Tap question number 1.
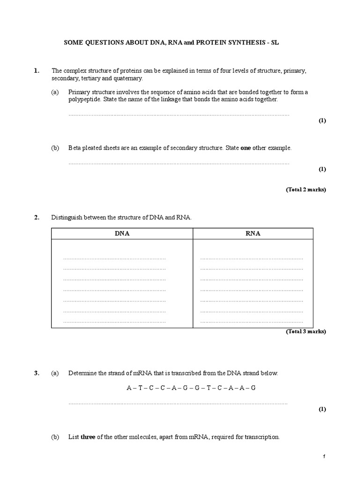tap(36, 71)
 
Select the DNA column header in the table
tap(122, 233)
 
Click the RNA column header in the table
tap(253, 233)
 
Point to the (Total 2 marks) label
tap(306, 190)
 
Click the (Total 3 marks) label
tap(306, 331)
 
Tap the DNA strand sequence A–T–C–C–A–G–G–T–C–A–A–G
tap(191, 388)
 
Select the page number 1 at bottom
tap(323, 457)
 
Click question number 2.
tap(36, 217)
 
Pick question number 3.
tap(36, 373)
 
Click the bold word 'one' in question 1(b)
tap(246, 148)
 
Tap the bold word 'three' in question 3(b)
tap(88, 437)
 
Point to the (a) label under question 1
tap(55, 92)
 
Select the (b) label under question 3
tap(55, 437)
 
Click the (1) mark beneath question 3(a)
tap(322, 409)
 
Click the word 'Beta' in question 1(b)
tap(74, 148)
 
